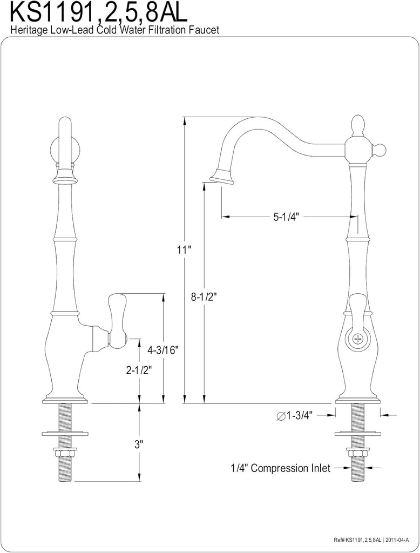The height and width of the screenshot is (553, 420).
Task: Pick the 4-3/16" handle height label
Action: [x=163, y=350]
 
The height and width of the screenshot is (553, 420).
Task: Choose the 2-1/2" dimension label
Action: [x=138, y=370]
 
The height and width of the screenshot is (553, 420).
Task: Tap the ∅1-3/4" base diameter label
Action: [x=295, y=415]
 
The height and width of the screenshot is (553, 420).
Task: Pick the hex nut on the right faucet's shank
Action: [x=357, y=453]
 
